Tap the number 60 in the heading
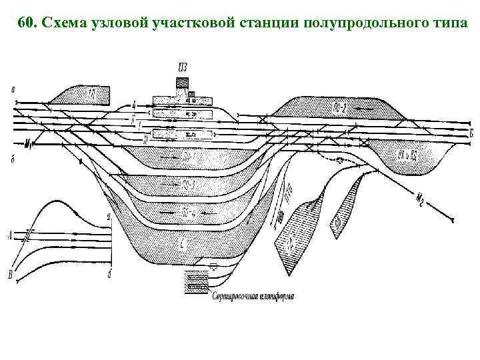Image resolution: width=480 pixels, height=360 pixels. tap(26, 25)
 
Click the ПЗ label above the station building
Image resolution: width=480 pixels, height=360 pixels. tap(183, 66)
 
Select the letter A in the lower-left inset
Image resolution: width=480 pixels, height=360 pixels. tap(9, 233)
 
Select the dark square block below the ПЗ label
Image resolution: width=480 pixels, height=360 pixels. tap(183, 82)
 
